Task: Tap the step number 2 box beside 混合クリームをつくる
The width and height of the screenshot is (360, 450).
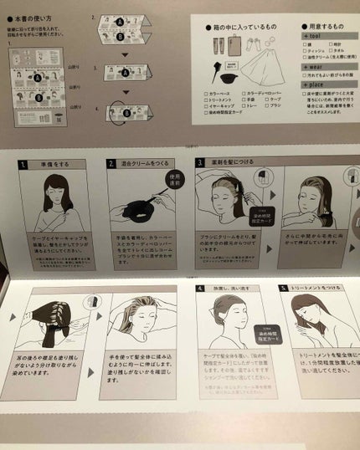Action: [112, 163]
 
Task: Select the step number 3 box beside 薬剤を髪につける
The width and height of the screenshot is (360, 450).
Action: [200, 163]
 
